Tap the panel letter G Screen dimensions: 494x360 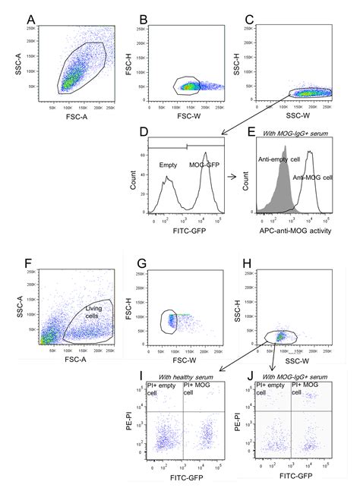coord(141,264)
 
